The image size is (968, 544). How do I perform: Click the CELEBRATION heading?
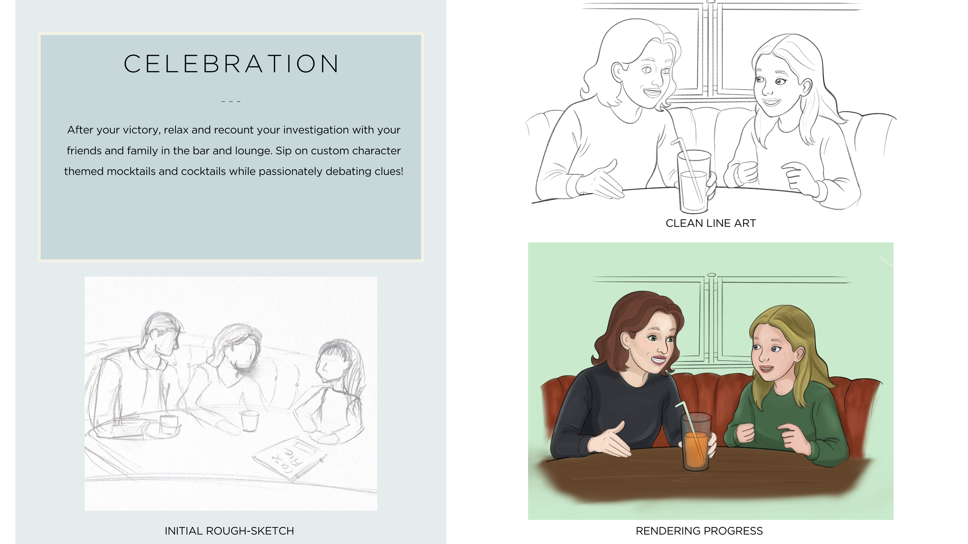(x=231, y=64)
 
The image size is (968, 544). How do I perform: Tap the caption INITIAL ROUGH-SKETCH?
(x=229, y=531)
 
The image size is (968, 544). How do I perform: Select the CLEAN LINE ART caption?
(x=711, y=223)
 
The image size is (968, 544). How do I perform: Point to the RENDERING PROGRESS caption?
(x=699, y=531)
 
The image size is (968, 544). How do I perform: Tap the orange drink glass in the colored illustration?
(x=696, y=442)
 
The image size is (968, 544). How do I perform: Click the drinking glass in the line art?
(x=694, y=181)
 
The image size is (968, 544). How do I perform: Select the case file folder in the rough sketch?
(x=290, y=458)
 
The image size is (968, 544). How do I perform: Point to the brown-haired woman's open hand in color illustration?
(x=608, y=441)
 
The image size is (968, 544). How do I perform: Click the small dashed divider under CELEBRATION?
(x=231, y=102)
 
